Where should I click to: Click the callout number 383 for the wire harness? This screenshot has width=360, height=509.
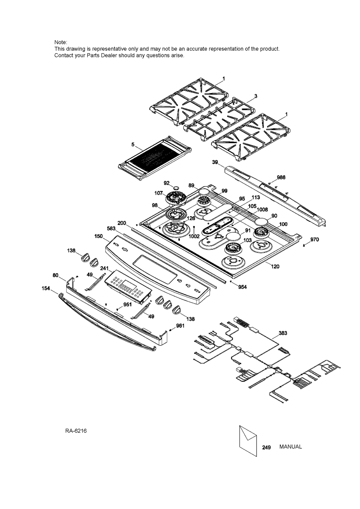point(283,333)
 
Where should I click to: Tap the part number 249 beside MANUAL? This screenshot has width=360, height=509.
point(267,447)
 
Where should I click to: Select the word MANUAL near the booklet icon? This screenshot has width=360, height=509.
point(290,447)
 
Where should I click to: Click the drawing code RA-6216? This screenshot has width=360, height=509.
point(76,431)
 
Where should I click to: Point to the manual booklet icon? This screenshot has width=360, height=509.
point(248,441)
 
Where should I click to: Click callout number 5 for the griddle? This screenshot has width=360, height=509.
point(133,145)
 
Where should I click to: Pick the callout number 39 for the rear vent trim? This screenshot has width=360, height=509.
point(215,162)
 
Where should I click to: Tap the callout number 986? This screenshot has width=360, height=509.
point(281,178)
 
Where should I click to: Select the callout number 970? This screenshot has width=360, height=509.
point(314,240)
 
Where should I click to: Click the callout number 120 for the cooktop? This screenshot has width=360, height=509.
point(275,267)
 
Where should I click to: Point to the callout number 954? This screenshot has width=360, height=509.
point(242,287)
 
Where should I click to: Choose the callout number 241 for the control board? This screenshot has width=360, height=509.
point(104,268)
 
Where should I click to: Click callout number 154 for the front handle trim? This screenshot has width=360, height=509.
point(46,288)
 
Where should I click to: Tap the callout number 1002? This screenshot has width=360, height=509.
point(194,237)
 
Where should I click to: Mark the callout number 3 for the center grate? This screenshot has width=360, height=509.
point(256,96)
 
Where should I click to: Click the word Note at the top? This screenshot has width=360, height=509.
point(61,42)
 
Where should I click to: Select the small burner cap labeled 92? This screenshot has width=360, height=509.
point(176,188)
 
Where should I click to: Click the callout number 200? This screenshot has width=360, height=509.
point(122,223)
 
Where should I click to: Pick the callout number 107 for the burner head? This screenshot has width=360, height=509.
point(158,193)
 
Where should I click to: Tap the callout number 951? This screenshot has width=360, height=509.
point(128,305)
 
